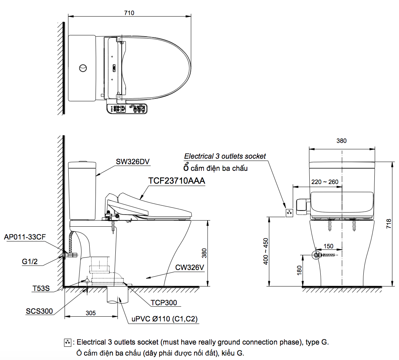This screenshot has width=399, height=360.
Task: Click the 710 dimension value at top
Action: [129, 13]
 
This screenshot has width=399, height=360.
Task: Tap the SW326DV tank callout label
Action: [133, 162]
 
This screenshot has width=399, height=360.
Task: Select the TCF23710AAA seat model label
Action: [177, 181]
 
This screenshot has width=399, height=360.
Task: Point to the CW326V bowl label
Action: [190, 267]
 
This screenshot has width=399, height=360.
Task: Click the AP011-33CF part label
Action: [25, 237]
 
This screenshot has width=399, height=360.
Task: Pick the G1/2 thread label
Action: [30, 261]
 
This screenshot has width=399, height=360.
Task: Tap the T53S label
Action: [41, 288]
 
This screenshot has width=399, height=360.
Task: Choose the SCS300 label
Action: [39, 311]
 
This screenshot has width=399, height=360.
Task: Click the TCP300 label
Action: [163, 302]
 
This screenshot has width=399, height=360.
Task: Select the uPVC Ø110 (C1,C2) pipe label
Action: [164, 319]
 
